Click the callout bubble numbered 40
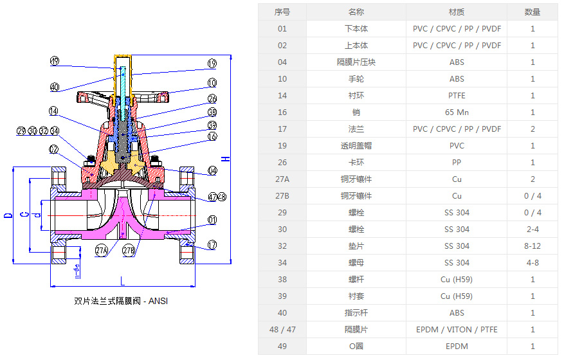coord(55,87)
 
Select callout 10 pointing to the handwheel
coord(212,83)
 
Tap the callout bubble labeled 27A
coord(102,250)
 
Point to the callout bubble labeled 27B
coord(129,250)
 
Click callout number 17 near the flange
coord(212,245)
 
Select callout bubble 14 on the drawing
coord(55,111)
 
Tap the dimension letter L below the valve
coord(122,281)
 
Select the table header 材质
coord(457,12)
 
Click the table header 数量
coord(532,12)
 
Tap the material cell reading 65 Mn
coord(457,113)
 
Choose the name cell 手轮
coord(356,79)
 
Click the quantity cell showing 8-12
coord(532,246)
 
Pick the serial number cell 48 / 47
coord(282,330)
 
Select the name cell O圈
coord(356,346)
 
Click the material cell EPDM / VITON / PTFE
coord(457,330)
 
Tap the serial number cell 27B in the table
coord(282,196)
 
